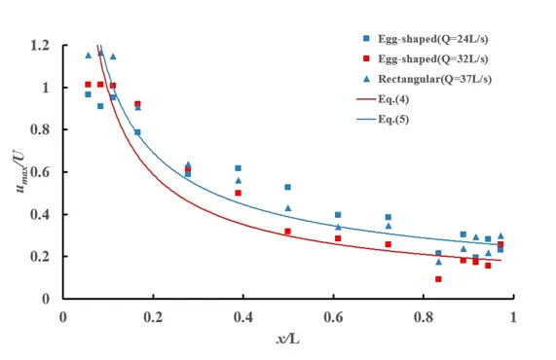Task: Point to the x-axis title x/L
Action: click(x=289, y=340)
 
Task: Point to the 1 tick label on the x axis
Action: click(x=513, y=316)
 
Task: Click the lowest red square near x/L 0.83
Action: click(x=438, y=279)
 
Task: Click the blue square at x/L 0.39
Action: click(x=239, y=168)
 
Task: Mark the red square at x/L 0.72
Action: click(x=389, y=244)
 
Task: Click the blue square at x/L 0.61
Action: click(x=338, y=215)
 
